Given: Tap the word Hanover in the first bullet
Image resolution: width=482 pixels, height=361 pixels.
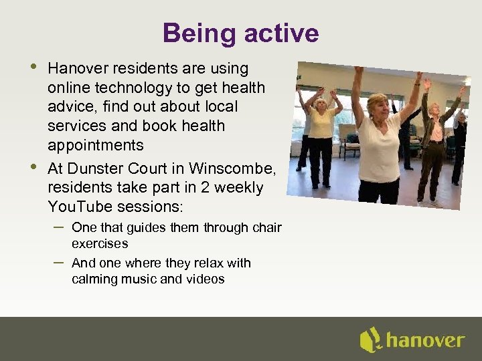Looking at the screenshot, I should tap(79, 68).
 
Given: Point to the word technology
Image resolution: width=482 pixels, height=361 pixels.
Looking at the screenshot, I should tap(139, 88).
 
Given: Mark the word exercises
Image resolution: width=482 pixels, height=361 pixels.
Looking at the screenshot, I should tap(100, 244).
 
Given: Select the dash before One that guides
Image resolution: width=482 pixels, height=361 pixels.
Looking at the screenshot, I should tap(58, 227).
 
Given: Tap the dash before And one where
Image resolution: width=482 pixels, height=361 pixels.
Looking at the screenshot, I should tap(58, 262).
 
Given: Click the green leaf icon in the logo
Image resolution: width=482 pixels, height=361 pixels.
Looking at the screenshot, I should tap(370, 340).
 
